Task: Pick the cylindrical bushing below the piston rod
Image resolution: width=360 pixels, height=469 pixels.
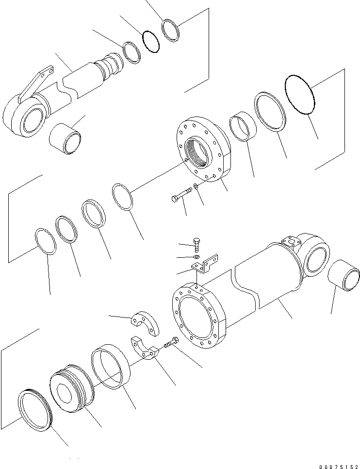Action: pyautogui.click(x=66, y=140)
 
